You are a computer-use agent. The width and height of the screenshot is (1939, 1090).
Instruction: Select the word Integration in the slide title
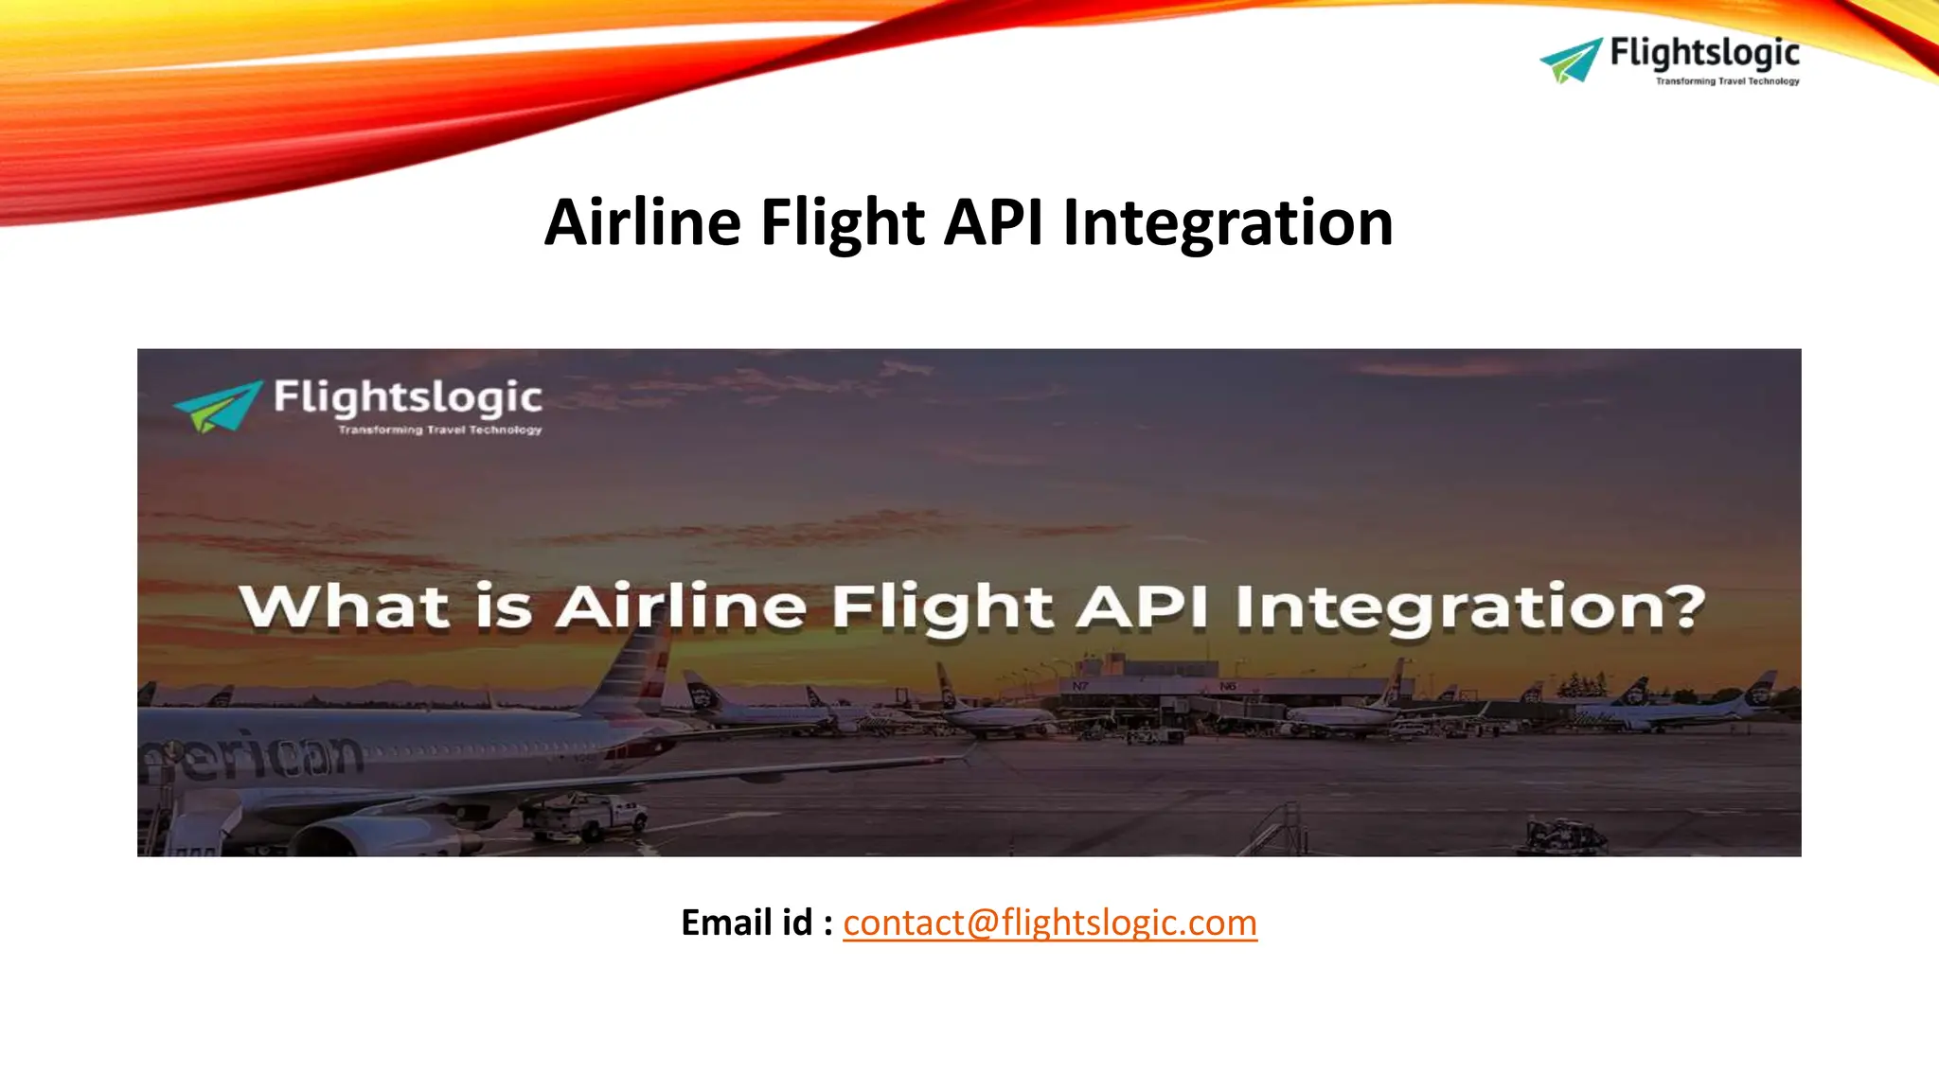(1228, 223)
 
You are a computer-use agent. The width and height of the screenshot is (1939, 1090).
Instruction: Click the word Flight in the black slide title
(843, 223)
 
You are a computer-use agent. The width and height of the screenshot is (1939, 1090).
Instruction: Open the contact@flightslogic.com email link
(1049, 923)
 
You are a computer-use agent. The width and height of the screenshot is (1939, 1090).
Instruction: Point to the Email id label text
(756, 923)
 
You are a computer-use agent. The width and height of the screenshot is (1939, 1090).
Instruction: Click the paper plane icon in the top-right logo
(1570, 61)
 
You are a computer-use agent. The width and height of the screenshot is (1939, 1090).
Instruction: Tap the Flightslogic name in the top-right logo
(1704, 53)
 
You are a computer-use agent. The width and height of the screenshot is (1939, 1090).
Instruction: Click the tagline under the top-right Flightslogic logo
(1727, 81)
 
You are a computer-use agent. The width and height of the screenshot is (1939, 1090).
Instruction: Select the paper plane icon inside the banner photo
(217, 406)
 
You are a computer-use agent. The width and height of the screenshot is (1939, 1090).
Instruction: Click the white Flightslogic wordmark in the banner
(407, 398)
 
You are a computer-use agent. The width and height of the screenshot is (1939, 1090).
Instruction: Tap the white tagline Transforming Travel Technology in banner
(440, 431)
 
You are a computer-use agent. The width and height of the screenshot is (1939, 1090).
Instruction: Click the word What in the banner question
(344, 607)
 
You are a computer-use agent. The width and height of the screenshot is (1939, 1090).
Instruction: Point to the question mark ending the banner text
(1685, 607)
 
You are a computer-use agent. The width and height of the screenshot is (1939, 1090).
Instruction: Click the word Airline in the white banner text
(680, 607)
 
